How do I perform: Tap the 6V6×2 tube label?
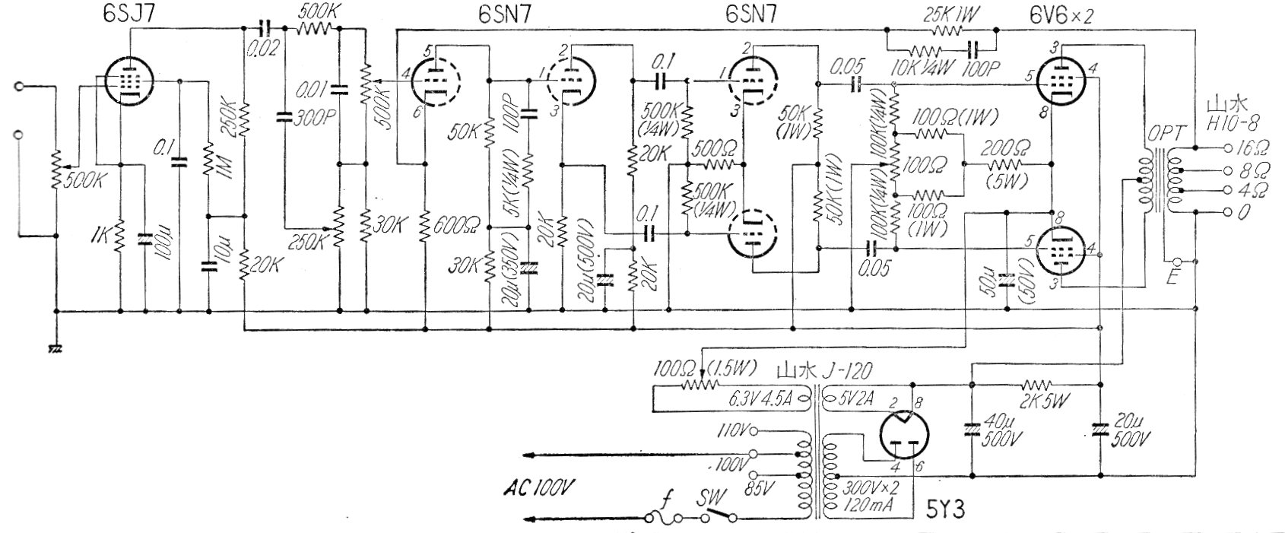point(1058,15)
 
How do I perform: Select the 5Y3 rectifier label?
point(946,509)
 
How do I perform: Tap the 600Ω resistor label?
point(455,225)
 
